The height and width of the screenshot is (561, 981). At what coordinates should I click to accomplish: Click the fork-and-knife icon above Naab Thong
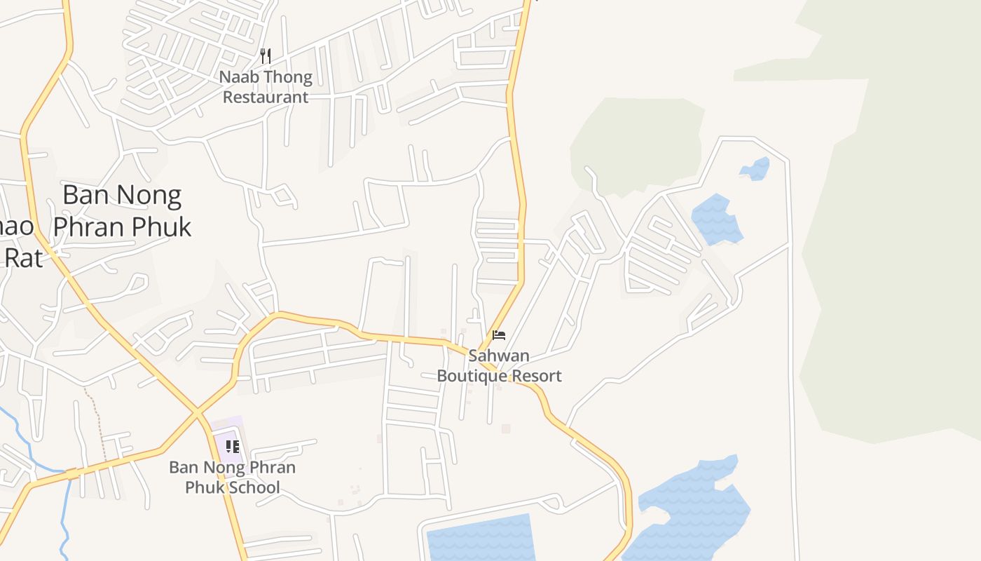pyautogui.click(x=266, y=56)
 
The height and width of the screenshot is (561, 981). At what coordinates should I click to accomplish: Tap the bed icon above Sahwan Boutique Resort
pyautogui.click(x=499, y=335)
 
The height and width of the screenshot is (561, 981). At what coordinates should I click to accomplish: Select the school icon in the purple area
pyautogui.click(x=233, y=447)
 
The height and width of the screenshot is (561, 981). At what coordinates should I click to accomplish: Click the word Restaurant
pyautogui.click(x=266, y=97)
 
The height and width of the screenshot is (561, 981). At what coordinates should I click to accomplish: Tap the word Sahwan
pyautogui.click(x=499, y=356)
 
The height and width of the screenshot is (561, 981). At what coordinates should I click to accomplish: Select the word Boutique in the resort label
pyautogui.click(x=472, y=376)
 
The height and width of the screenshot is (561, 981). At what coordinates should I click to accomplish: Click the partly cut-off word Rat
pyautogui.click(x=23, y=257)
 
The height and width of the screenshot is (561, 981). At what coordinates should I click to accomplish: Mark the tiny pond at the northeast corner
pyautogui.click(x=755, y=169)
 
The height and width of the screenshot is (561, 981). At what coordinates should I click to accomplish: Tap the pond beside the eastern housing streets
pyautogui.click(x=716, y=219)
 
